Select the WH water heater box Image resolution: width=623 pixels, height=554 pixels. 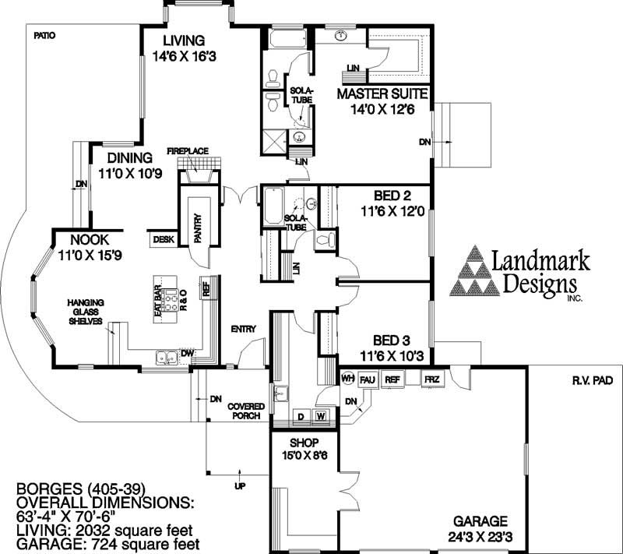point(348,379)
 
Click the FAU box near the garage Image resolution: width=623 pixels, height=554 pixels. point(368,379)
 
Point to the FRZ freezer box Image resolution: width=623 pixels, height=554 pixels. point(431,379)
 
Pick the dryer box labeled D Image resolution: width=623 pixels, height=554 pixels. point(301,416)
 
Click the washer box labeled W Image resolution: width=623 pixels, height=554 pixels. point(320,416)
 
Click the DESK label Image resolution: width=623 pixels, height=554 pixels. point(163,240)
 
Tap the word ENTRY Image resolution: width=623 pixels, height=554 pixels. point(243,329)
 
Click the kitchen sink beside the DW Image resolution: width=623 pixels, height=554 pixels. point(165,358)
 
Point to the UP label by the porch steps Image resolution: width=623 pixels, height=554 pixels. point(240,486)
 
